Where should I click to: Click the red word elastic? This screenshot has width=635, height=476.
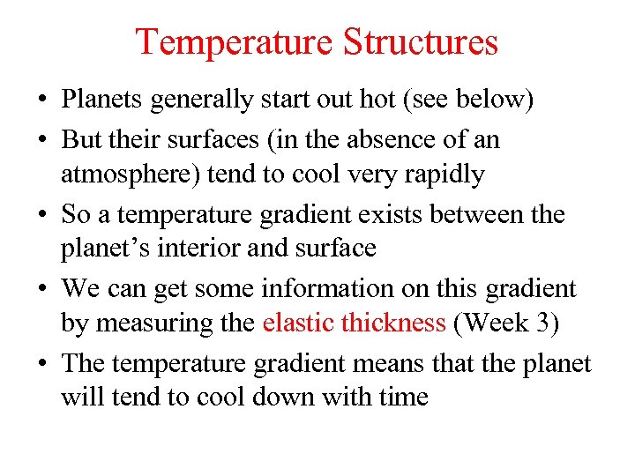[x=297, y=324]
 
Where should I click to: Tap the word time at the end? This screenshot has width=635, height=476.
[x=403, y=398]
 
